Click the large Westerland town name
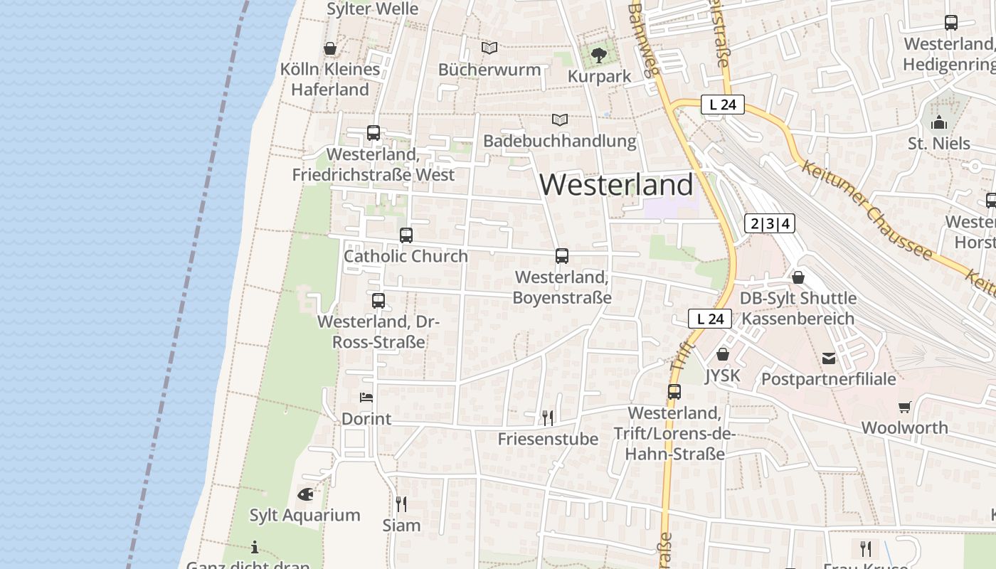tap(616, 185)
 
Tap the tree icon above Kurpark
tap(599, 55)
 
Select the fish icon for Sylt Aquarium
tap(305, 494)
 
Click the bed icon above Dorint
tap(366, 398)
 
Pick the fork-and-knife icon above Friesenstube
tap(548, 418)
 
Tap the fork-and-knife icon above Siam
tap(401, 504)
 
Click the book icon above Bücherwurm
tap(489, 48)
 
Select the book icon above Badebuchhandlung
tap(560, 119)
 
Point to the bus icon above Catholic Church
tap(406, 235)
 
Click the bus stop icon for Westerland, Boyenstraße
tap(562, 256)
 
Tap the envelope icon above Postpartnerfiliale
tap(829, 358)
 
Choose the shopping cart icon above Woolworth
tap(904, 407)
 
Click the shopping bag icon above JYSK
tap(723, 354)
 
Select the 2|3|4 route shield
tap(770, 223)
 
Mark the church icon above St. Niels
tap(939, 122)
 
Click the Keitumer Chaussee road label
tap(866, 211)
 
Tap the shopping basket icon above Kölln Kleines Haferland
tap(330, 48)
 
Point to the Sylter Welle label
tap(373, 9)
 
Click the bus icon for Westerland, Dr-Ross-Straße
tap(378, 300)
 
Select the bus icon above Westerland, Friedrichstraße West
tap(373, 132)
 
